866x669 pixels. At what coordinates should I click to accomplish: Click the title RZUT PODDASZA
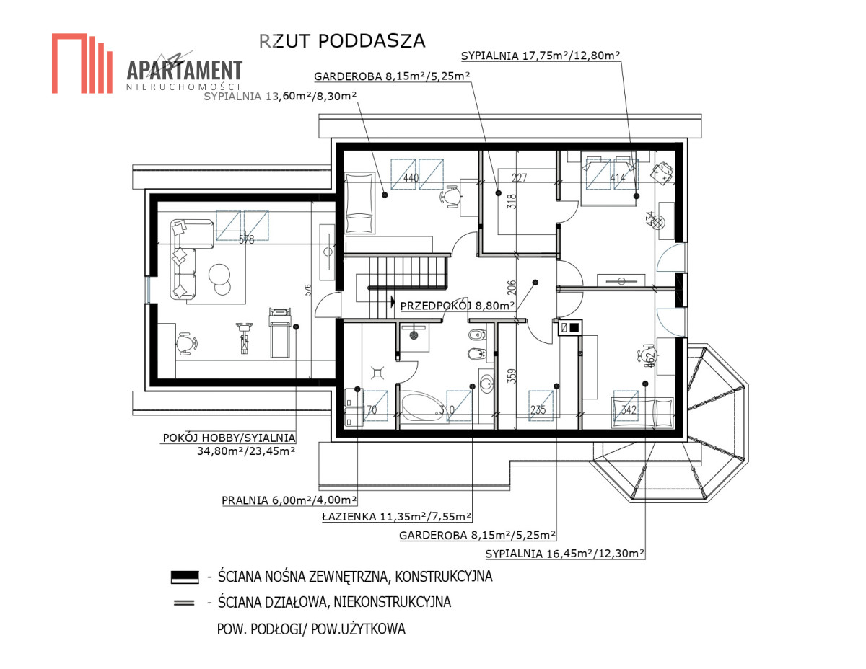(342, 41)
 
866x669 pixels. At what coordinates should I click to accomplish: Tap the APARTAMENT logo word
(185, 71)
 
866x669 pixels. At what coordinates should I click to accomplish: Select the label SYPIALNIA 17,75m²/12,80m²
(541, 56)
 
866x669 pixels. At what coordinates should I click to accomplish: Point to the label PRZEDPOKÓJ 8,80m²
(457, 306)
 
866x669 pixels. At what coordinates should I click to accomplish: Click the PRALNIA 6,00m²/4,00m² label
(289, 500)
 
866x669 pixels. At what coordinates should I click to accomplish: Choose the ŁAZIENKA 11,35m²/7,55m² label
(396, 517)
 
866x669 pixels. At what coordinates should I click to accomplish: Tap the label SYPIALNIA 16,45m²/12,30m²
(565, 554)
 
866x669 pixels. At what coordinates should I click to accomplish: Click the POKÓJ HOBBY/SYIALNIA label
(229, 438)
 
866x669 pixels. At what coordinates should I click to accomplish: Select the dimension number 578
(246, 239)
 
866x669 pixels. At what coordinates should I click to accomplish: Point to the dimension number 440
(411, 177)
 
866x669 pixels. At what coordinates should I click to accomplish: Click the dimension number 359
(512, 376)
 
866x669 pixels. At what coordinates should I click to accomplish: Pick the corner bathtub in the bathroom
(422, 407)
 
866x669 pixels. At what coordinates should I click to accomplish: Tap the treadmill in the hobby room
(280, 333)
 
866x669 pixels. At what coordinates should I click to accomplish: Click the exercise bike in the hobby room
(244, 337)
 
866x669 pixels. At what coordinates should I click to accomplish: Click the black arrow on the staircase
(393, 301)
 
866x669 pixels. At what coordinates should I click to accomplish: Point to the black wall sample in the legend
(185, 577)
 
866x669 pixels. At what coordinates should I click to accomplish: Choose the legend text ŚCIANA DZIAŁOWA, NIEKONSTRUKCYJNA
(334, 602)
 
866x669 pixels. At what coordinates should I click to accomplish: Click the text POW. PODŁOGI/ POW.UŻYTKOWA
(311, 629)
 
